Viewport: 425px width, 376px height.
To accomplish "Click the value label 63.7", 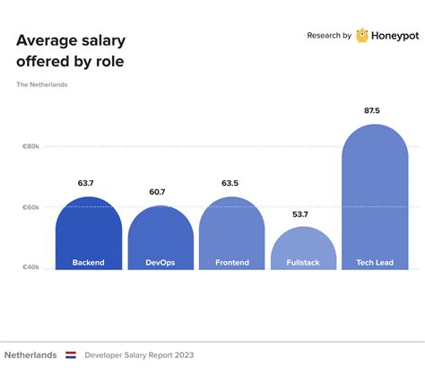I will pyautogui.click(x=88, y=183).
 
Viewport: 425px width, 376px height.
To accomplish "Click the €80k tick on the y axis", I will pyautogui.click(x=30, y=145).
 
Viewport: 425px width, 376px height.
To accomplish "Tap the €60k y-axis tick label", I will pyautogui.click(x=30, y=206).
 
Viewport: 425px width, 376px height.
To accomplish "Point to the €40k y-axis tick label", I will pyautogui.click(x=30, y=267).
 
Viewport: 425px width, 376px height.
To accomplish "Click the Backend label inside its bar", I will pyautogui.click(x=88, y=263).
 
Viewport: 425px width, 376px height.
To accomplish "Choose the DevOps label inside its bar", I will pyautogui.click(x=160, y=263).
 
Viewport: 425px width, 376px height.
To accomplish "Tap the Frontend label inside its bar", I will pyautogui.click(x=231, y=263).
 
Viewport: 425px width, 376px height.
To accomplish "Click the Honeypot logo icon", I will pyautogui.click(x=362, y=36).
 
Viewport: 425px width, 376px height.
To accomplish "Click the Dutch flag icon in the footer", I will pyautogui.click(x=71, y=354).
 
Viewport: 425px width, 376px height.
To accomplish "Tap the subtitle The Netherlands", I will pyautogui.click(x=41, y=85).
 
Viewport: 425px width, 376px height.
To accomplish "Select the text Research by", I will pyautogui.click(x=328, y=36).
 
